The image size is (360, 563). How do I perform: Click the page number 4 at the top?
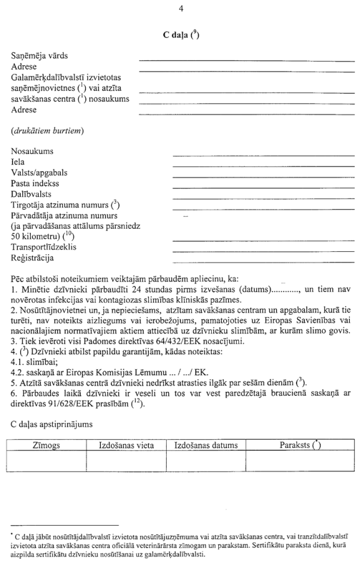pyautogui.click(x=180, y=8)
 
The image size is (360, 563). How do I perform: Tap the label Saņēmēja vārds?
pyautogui.click(x=39, y=56)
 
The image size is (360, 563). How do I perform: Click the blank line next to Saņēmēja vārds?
pyautogui.click(x=246, y=59)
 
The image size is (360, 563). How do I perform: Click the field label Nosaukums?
pyautogui.click(x=32, y=151)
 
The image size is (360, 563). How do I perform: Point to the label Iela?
pyautogui.click(x=18, y=161)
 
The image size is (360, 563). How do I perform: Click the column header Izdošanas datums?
pyautogui.click(x=206, y=445)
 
